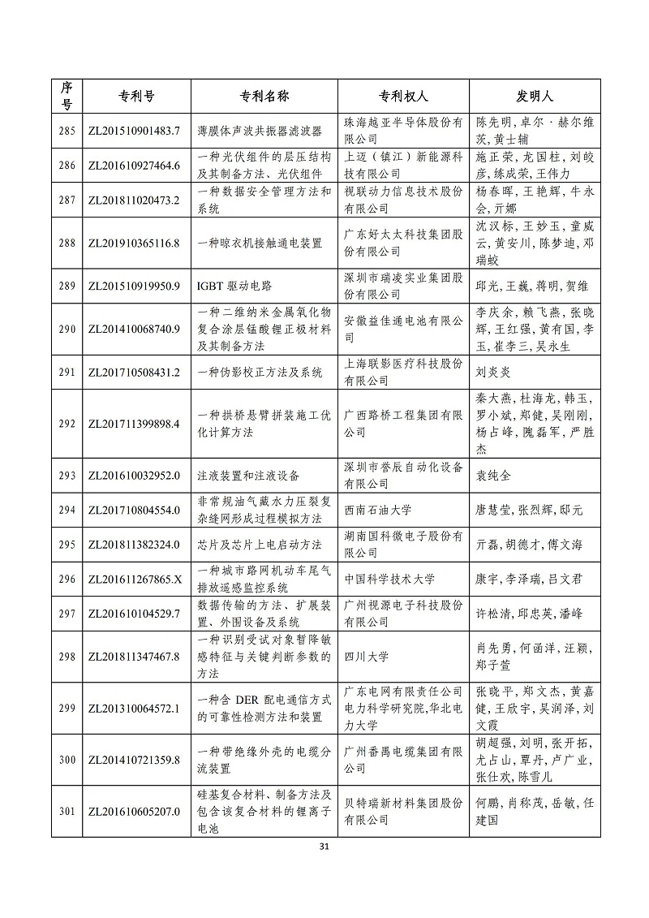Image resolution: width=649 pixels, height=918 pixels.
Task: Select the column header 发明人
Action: point(535,96)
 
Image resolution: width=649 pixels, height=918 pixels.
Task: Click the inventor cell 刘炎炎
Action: point(497,373)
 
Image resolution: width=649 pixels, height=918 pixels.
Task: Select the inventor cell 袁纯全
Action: point(497,475)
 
